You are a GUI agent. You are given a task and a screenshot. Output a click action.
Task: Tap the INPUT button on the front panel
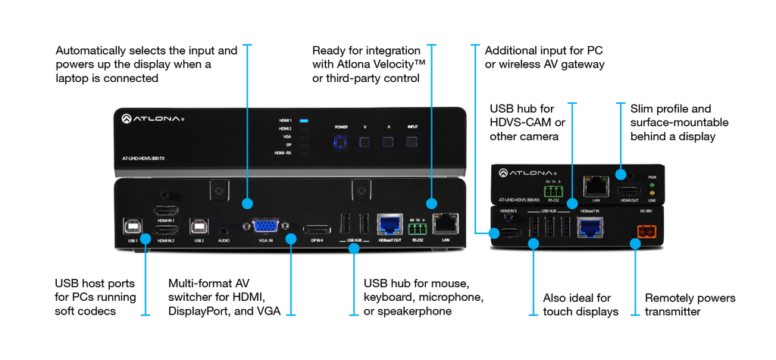[x=412, y=141]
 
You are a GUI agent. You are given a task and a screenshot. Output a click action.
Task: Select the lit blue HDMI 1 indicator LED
[x=304, y=121]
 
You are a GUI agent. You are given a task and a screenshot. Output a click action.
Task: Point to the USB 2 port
[x=199, y=225]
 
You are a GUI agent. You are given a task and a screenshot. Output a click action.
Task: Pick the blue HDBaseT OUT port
[x=389, y=222]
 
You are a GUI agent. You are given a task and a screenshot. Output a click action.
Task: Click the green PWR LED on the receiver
[x=652, y=186]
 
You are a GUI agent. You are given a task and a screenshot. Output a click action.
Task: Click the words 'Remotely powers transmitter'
[x=690, y=305]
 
